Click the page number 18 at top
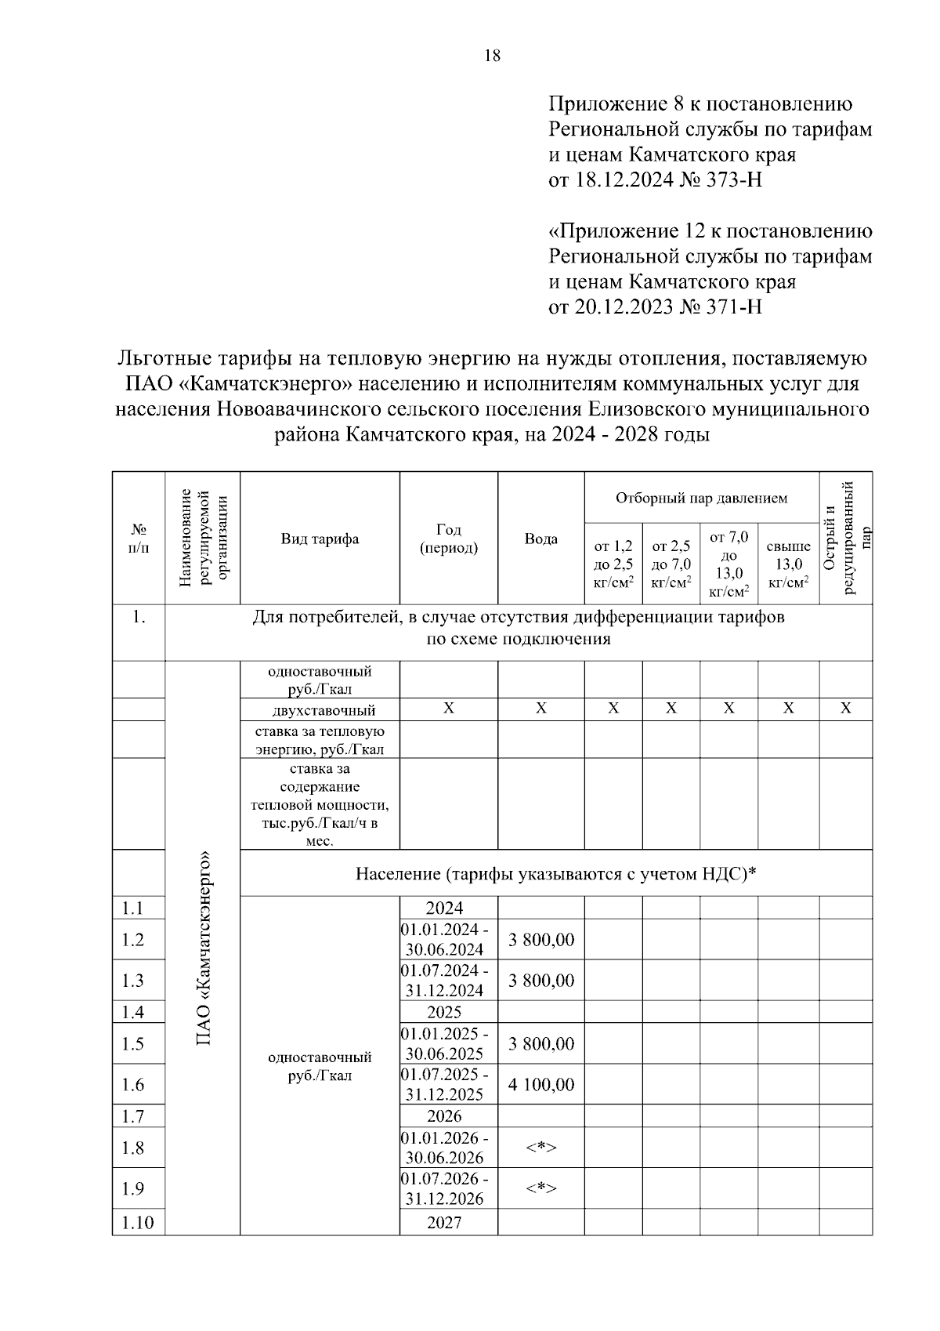[492, 56]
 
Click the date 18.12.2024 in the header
[624, 180]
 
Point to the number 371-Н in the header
[736, 306]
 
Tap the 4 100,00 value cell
[540, 1085]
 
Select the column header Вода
[540, 539]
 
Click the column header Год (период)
[448, 539]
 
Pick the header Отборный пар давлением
[701, 499]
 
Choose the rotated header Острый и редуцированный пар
[845, 539]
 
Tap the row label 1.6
[133, 1085]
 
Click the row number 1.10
[137, 1223]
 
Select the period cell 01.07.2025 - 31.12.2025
[444, 1084]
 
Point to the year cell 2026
[444, 1116]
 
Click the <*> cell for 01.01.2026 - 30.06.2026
[540, 1148]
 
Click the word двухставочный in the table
[324, 711]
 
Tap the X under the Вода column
[540, 709]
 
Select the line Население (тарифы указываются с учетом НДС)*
[556, 873]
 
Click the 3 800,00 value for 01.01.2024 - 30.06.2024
[540, 940]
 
